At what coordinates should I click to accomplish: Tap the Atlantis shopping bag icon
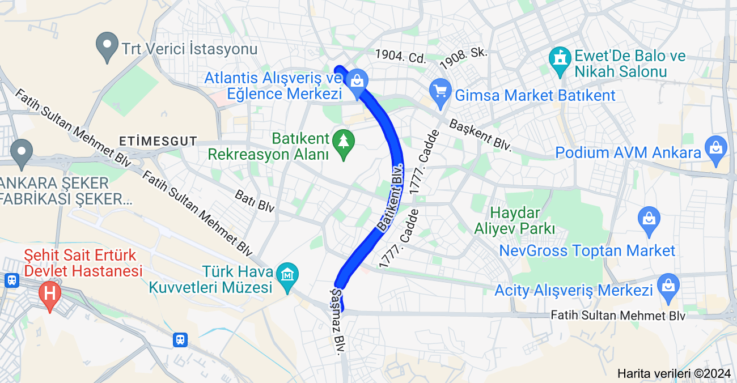click(357, 80)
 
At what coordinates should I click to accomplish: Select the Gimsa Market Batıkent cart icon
click(440, 91)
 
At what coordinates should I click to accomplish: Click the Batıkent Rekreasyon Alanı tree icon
click(343, 139)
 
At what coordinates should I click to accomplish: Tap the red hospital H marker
click(50, 293)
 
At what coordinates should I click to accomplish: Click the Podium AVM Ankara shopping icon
click(716, 148)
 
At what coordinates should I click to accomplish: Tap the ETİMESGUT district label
click(158, 141)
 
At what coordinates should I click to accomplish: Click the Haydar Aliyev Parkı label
click(515, 221)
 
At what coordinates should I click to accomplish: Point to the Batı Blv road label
click(255, 201)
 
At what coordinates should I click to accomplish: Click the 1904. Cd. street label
click(400, 57)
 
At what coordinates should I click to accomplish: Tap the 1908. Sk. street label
click(463, 58)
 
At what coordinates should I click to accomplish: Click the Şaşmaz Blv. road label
click(337, 321)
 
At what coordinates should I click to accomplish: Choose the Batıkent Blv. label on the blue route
click(390, 197)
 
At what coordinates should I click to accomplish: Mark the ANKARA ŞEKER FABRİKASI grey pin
click(22, 152)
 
